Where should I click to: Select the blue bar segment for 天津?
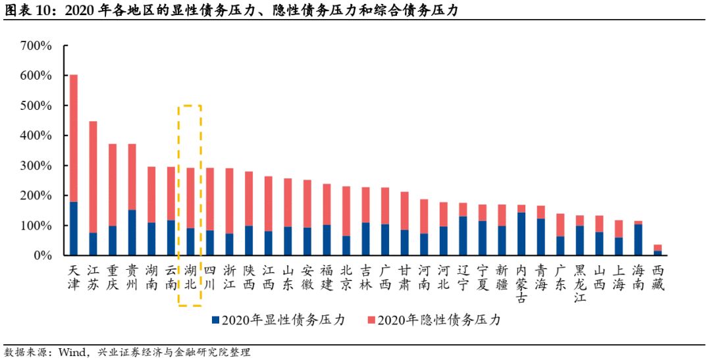point(74,228)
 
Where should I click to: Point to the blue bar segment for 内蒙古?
point(520,234)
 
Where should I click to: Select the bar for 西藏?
point(656,250)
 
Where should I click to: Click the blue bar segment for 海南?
point(637,240)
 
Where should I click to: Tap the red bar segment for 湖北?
point(190,198)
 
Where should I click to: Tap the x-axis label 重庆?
point(113,277)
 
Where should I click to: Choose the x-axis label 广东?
point(560,277)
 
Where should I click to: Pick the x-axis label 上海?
point(618,277)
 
